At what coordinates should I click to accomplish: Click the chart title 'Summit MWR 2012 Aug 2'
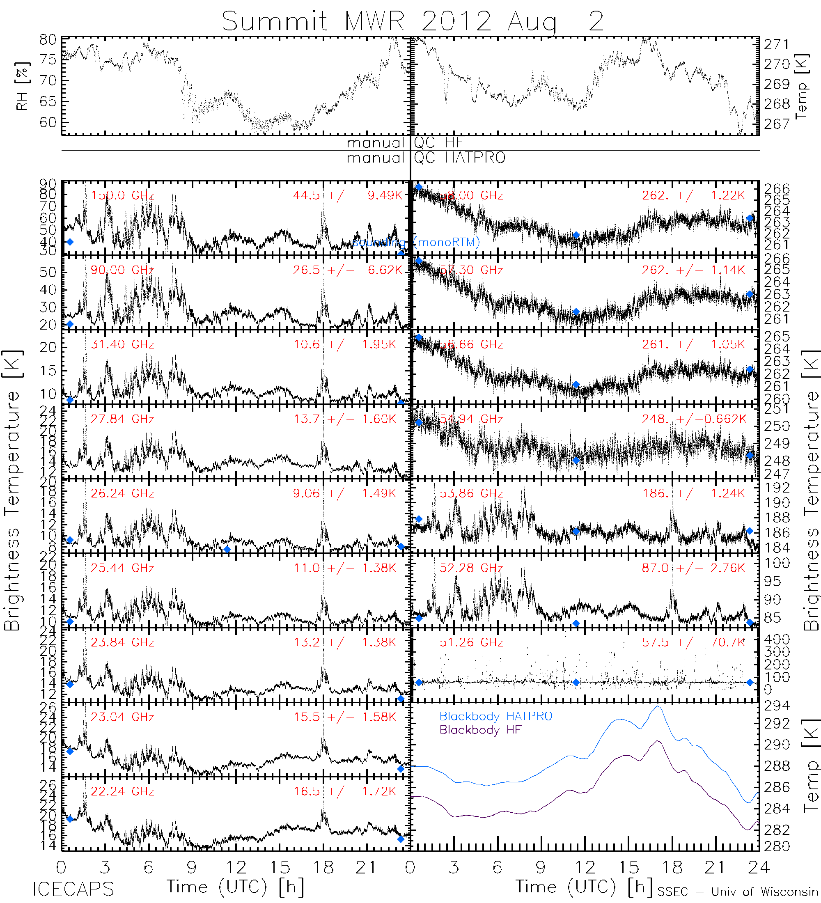point(413,21)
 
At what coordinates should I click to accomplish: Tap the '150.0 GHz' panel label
point(122,196)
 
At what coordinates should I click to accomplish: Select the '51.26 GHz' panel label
point(471,643)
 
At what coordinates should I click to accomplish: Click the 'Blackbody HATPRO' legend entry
point(496,717)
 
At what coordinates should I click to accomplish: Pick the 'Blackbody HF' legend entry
point(480,730)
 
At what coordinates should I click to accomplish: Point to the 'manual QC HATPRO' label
point(426,158)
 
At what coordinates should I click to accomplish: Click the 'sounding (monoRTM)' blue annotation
point(416,243)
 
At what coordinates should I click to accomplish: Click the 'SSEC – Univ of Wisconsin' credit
point(738,892)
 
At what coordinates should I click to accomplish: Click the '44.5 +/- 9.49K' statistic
point(348,196)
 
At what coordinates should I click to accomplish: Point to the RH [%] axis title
point(22,86)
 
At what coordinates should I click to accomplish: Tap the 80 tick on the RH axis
point(48,40)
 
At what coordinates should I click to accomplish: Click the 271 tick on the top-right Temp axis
point(777,44)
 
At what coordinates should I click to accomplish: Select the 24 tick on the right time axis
point(758,868)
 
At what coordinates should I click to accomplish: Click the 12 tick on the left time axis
point(236,868)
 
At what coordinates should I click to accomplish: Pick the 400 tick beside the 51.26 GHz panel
point(777,639)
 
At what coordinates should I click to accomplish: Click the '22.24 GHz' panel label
point(122,791)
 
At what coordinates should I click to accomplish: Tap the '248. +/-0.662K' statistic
point(694,419)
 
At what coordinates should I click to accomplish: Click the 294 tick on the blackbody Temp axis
point(777,706)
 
